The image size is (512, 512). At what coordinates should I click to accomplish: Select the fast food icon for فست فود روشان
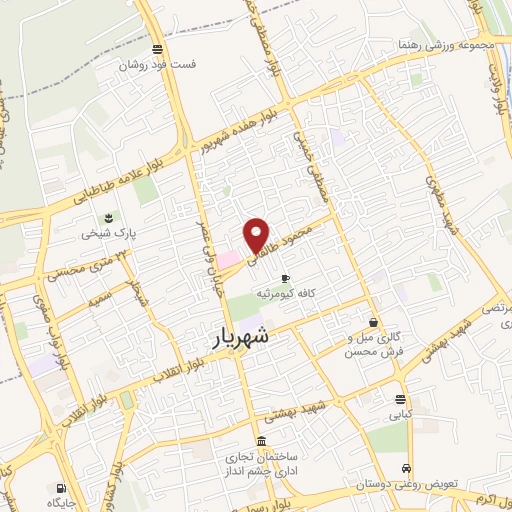[x=157, y=49]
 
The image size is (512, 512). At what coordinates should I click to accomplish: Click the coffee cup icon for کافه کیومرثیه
[x=285, y=278]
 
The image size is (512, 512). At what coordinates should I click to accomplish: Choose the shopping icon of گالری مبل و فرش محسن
[x=374, y=323]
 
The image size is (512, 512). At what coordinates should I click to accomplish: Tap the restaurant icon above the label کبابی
[x=400, y=402]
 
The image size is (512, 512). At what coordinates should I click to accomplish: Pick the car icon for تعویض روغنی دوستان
[x=405, y=468]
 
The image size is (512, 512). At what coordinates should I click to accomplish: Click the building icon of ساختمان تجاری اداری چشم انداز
[x=262, y=442]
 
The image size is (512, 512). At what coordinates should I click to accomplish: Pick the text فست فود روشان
[x=157, y=65]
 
